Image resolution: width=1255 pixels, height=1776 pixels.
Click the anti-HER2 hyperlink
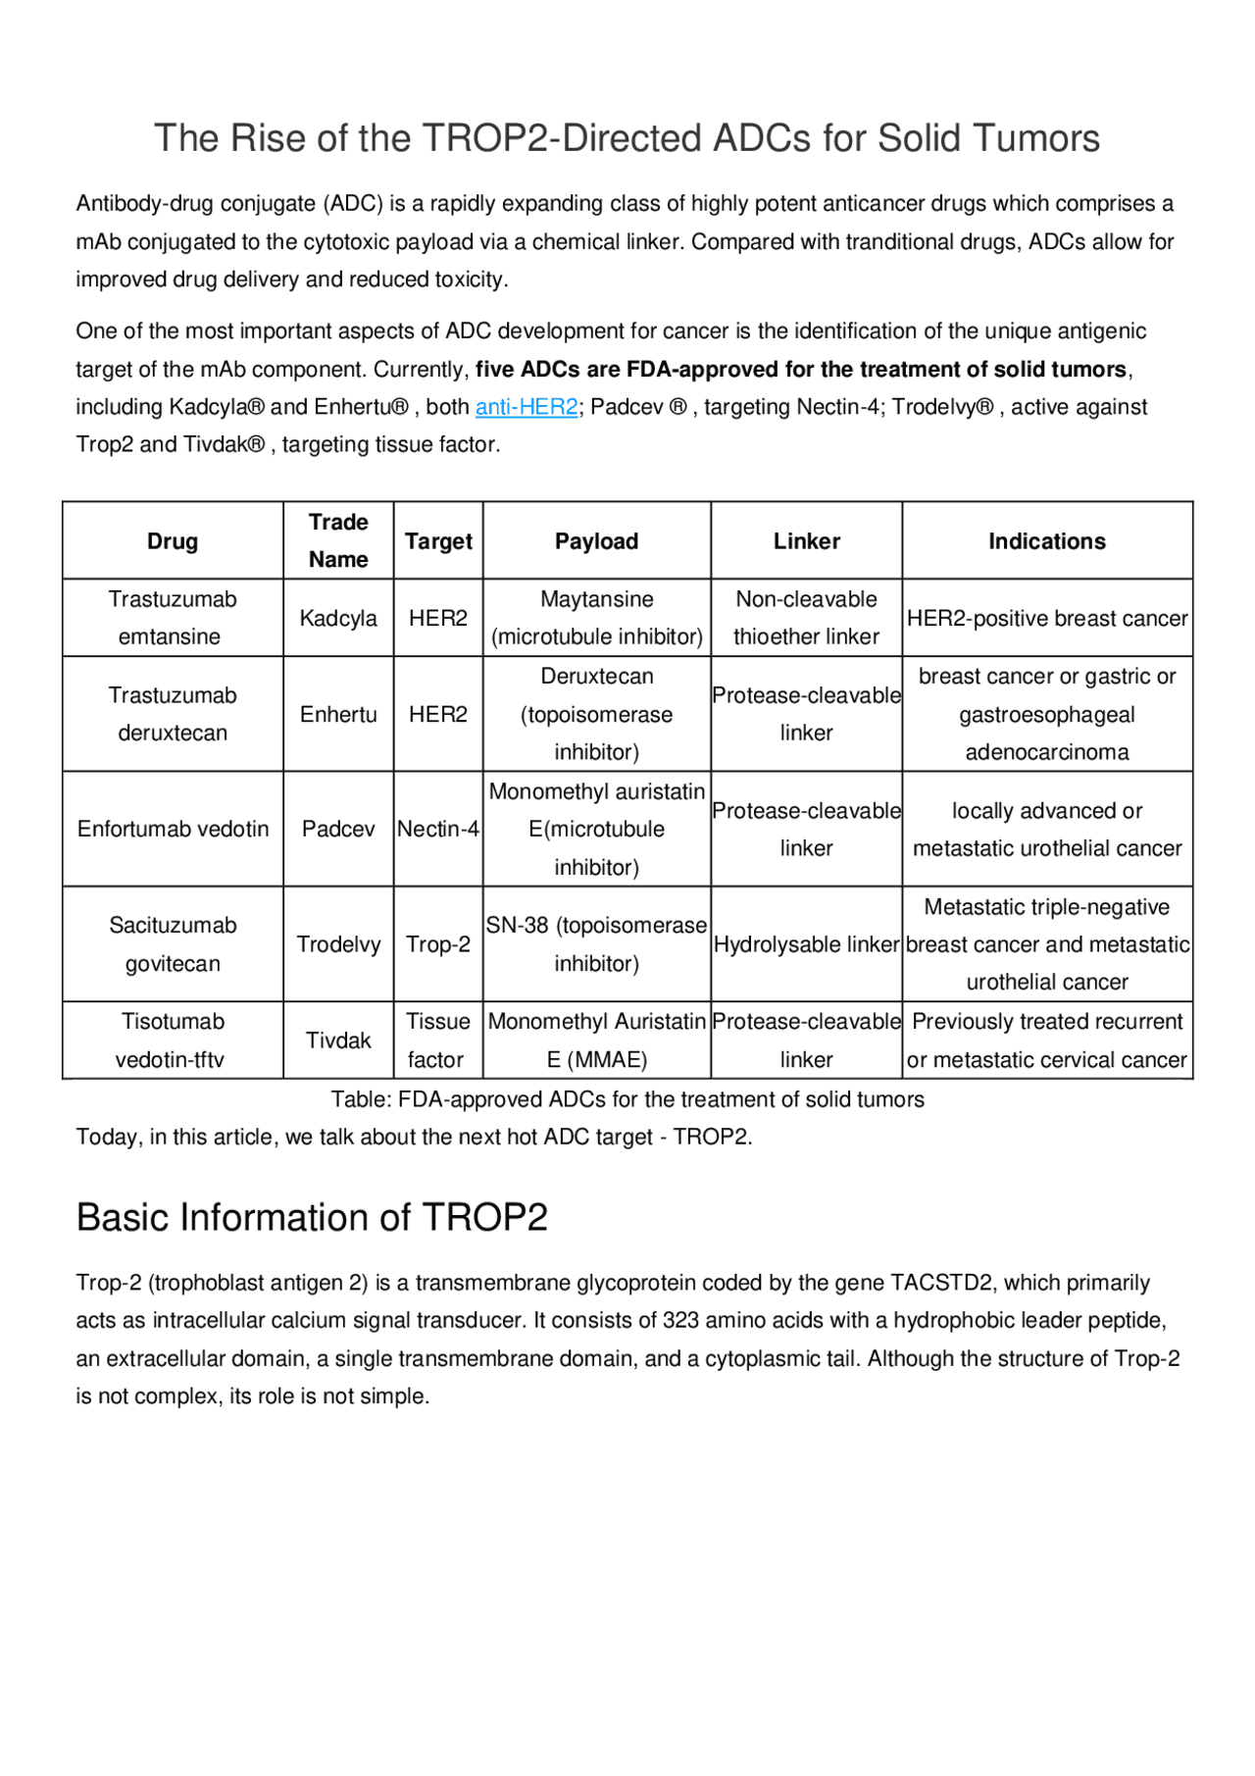(527, 407)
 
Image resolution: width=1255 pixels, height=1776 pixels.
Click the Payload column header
(596, 541)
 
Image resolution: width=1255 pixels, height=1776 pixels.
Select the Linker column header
(806, 541)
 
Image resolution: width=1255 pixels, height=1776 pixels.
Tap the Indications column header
(1046, 541)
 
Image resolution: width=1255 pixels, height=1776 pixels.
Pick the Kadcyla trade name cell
(338, 619)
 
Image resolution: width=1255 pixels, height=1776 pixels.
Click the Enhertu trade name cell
(338, 715)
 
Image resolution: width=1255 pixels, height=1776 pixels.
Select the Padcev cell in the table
(338, 830)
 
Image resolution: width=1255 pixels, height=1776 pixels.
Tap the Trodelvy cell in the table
(338, 945)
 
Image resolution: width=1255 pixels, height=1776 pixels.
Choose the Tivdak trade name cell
(338, 1040)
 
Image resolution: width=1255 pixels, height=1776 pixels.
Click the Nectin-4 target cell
(438, 830)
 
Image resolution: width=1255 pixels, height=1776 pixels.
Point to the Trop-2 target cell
(438, 945)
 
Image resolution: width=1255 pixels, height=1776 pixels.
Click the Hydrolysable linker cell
(806, 945)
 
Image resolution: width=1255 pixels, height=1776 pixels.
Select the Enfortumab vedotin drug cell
(173, 830)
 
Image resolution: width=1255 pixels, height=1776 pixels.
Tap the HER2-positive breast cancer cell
(1046, 619)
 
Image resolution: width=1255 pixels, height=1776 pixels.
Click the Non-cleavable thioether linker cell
(806, 618)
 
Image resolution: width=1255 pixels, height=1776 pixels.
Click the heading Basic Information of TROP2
(312, 1218)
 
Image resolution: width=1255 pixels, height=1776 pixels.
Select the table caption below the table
(627, 1100)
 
